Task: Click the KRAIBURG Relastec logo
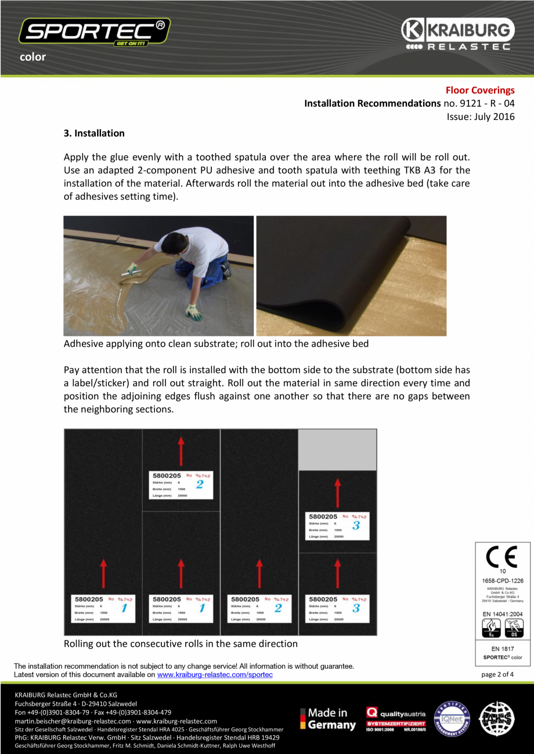click(456, 34)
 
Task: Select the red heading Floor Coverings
click(479, 90)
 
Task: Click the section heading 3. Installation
click(94, 133)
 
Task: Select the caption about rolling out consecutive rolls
click(181, 643)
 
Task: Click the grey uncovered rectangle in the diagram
click(337, 450)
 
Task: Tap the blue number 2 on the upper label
click(200, 484)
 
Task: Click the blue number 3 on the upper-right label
click(356, 525)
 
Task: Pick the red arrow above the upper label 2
click(181, 451)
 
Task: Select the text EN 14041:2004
click(503, 613)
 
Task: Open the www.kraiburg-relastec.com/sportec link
click(215, 675)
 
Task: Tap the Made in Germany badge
click(328, 719)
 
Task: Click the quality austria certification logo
click(396, 719)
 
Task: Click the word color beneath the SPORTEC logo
click(33, 57)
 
